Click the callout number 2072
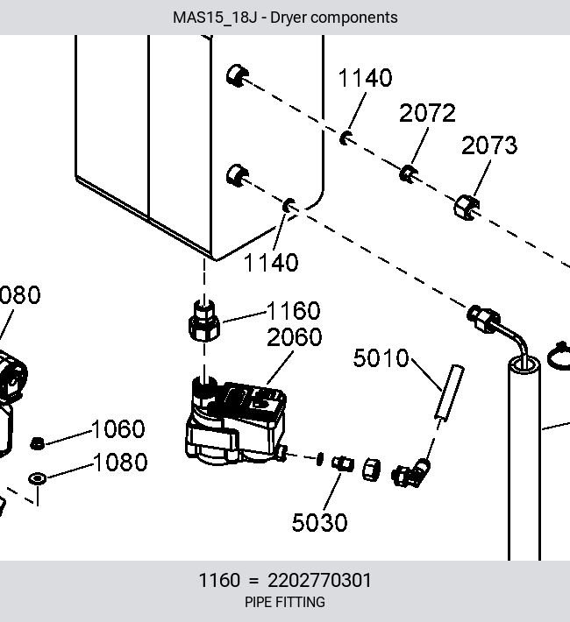[x=427, y=113]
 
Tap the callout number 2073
[x=489, y=145]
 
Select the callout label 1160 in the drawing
[x=293, y=311]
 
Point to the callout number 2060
[x=295, y=337]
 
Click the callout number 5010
[x=381, y=357]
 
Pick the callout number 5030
[x=320, y=522]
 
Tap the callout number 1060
[x=118, y=429]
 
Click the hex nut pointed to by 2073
[x=467, y=207]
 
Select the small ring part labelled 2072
[x=408, y=173]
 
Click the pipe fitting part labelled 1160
[x=203, y=321]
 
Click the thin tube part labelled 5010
[x=450, y=392]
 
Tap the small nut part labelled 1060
[x=37, y=443]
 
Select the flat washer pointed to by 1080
[x=38, y=478]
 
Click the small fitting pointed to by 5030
[x=343, y=463]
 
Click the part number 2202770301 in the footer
[x=319, y=580]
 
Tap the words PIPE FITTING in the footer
[x=285, y=602]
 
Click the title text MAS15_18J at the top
[x=215, y=18]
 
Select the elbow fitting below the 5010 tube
[x=411, y=473]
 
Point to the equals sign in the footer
[x=253, y=581]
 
